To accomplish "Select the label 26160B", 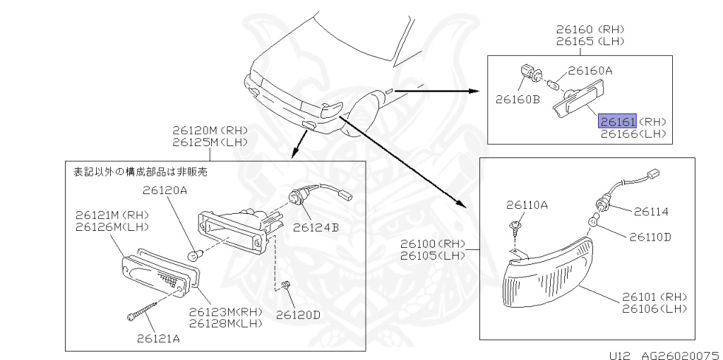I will [x=516, y=100].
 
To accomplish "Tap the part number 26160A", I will [x=590, y=71].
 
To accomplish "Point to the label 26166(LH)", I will [x=633, y=133].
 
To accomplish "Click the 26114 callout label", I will [x=650, y=211].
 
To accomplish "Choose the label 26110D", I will [x=650, y=236].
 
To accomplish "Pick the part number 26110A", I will [x=527, y=205].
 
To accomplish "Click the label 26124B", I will [x=316, y=227].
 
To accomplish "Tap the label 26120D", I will [x=297, y=314].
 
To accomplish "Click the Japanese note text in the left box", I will [x=141, y=171].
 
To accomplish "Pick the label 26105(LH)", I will [x=432, y=255].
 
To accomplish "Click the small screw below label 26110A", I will [x=515, y=228].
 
